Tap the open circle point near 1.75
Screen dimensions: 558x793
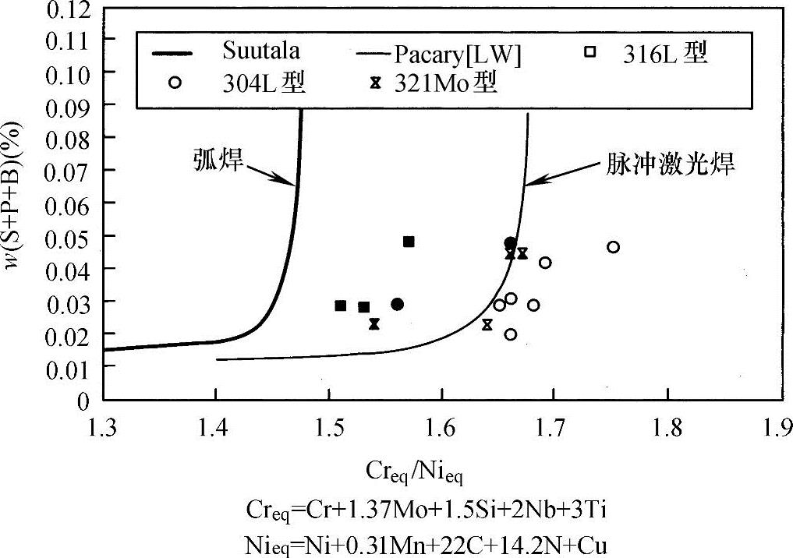point(613,247)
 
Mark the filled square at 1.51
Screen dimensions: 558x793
point(340,305)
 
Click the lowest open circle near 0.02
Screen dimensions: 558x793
point(511,334)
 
